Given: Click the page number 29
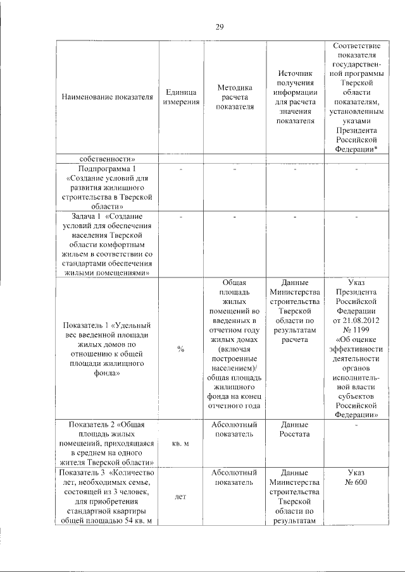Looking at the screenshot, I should (220, 27).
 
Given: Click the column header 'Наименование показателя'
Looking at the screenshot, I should (108, 98).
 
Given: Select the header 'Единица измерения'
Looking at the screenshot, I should (181, 98).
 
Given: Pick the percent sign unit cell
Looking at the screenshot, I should (181, 350).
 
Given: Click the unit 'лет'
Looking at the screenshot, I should (181, 497).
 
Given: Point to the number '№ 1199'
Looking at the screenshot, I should (358, 331).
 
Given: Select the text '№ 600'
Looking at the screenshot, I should (358, 483).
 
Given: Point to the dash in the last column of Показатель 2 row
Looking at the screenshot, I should (358, 425).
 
